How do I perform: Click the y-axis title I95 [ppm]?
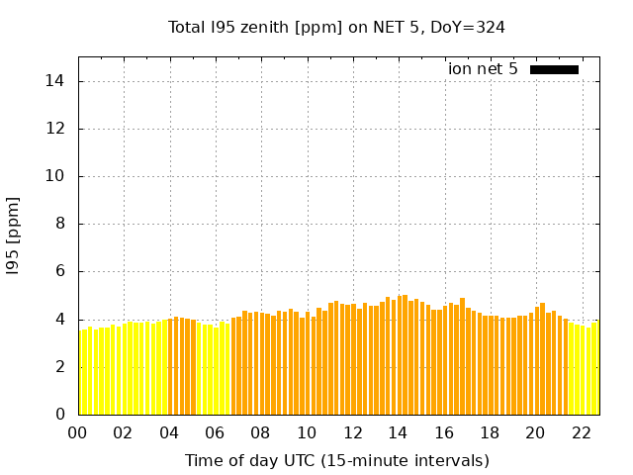(x=13, y=235)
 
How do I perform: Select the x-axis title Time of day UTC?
(x=336, y=460)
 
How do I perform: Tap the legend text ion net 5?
(x=483, y=68)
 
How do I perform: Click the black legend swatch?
(x=554, y=69)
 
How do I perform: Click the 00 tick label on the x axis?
(x=77, y=432)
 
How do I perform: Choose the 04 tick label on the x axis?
(x=169, y=432)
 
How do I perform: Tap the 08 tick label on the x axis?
(x=260, y=432)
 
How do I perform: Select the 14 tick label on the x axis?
(x=398, y=432)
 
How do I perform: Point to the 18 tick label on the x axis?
(x=490, y=432)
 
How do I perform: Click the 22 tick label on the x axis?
(x=581, y=432)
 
